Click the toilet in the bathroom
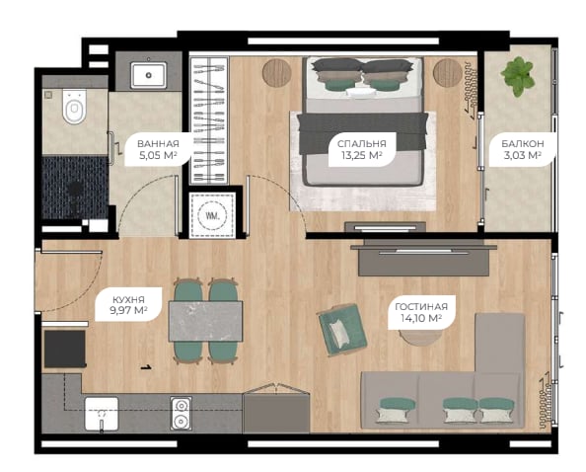coord(74,107)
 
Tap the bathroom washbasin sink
coord(148,75)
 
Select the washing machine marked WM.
coord(212,215)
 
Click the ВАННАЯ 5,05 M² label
coord(158,149)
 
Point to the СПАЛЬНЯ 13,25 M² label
coord(361,149)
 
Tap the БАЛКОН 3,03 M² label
coord(523,149)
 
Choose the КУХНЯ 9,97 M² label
coord(128,304)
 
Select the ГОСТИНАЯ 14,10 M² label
coord(421,312)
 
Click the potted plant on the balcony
coord(518,76)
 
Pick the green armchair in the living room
coord(342,330)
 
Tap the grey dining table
coord(205,321)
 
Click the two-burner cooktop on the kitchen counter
coord(182,414)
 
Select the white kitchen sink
coord(102,414)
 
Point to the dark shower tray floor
coord(75,188)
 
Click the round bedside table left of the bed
coord(277,72)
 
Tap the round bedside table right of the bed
coord(448,72)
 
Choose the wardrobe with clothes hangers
coord(209,120)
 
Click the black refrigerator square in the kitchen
coord(65,349)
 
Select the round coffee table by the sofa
coord(420,337)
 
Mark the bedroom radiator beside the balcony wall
coord(471,86)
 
